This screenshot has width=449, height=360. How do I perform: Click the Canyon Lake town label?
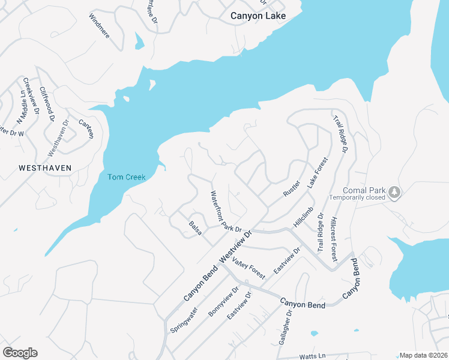click(258, 16)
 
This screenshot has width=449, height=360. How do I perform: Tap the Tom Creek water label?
click(126, 176)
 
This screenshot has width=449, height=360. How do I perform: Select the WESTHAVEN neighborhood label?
click(45, 168)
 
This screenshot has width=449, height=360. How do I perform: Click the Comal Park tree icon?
click(394, 192)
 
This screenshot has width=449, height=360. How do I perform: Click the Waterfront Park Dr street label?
click(225, 212)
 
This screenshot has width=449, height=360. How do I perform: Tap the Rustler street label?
click(291, 188)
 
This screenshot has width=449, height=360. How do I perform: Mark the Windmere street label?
click(99, 26)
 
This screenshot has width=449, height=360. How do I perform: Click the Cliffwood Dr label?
click(47, 101)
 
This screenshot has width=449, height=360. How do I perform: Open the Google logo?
click(20, 353)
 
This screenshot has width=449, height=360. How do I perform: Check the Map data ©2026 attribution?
click(423, 355)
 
